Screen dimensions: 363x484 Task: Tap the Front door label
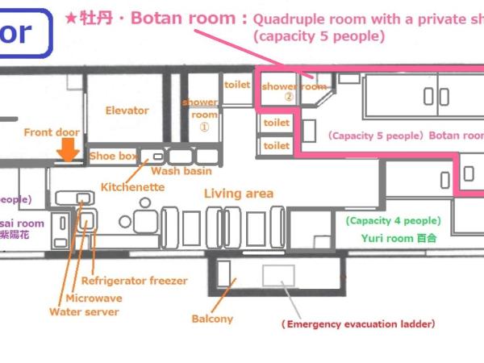coord(49,132)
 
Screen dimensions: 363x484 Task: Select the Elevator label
coord(127,111)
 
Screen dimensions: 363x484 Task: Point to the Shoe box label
coord(113,156)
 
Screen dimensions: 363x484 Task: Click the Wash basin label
coord(181,171)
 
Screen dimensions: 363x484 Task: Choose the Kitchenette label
coord(132,187)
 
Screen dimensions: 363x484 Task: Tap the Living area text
coord(238,194)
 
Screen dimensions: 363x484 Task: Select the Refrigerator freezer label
coord(134,281)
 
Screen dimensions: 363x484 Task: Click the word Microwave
coord(94,298)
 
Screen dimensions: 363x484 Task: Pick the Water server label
coord(84,311)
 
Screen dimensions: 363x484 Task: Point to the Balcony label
coord(212,319)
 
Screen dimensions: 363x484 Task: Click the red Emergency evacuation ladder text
coord(357,324)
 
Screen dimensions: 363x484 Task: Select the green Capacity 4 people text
coord(392,220)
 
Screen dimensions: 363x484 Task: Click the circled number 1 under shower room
coord(204,127)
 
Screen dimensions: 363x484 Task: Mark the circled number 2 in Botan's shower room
coord(288,95)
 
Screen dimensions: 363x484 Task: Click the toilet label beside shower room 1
coord(236,84)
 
